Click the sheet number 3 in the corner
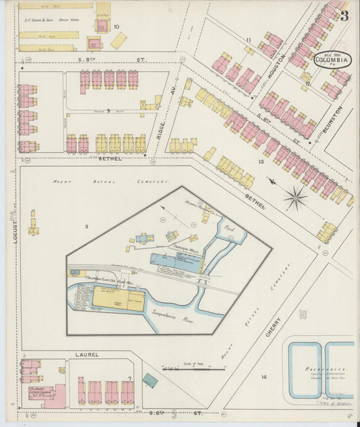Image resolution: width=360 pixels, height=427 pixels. (x=344, y=16)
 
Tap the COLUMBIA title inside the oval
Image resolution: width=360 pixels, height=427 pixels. (x=332, y=59)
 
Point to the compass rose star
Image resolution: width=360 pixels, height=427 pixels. (x=294, y=198)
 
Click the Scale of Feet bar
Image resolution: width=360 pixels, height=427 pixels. (x=193, y=369)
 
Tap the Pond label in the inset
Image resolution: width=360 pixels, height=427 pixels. (x=228, y=228)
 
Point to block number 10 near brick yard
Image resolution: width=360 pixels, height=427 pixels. (x=117, y=27)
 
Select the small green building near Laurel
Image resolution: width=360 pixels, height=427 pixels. (x=150, y=380)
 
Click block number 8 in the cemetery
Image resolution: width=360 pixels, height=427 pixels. (x=86, y=225)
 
